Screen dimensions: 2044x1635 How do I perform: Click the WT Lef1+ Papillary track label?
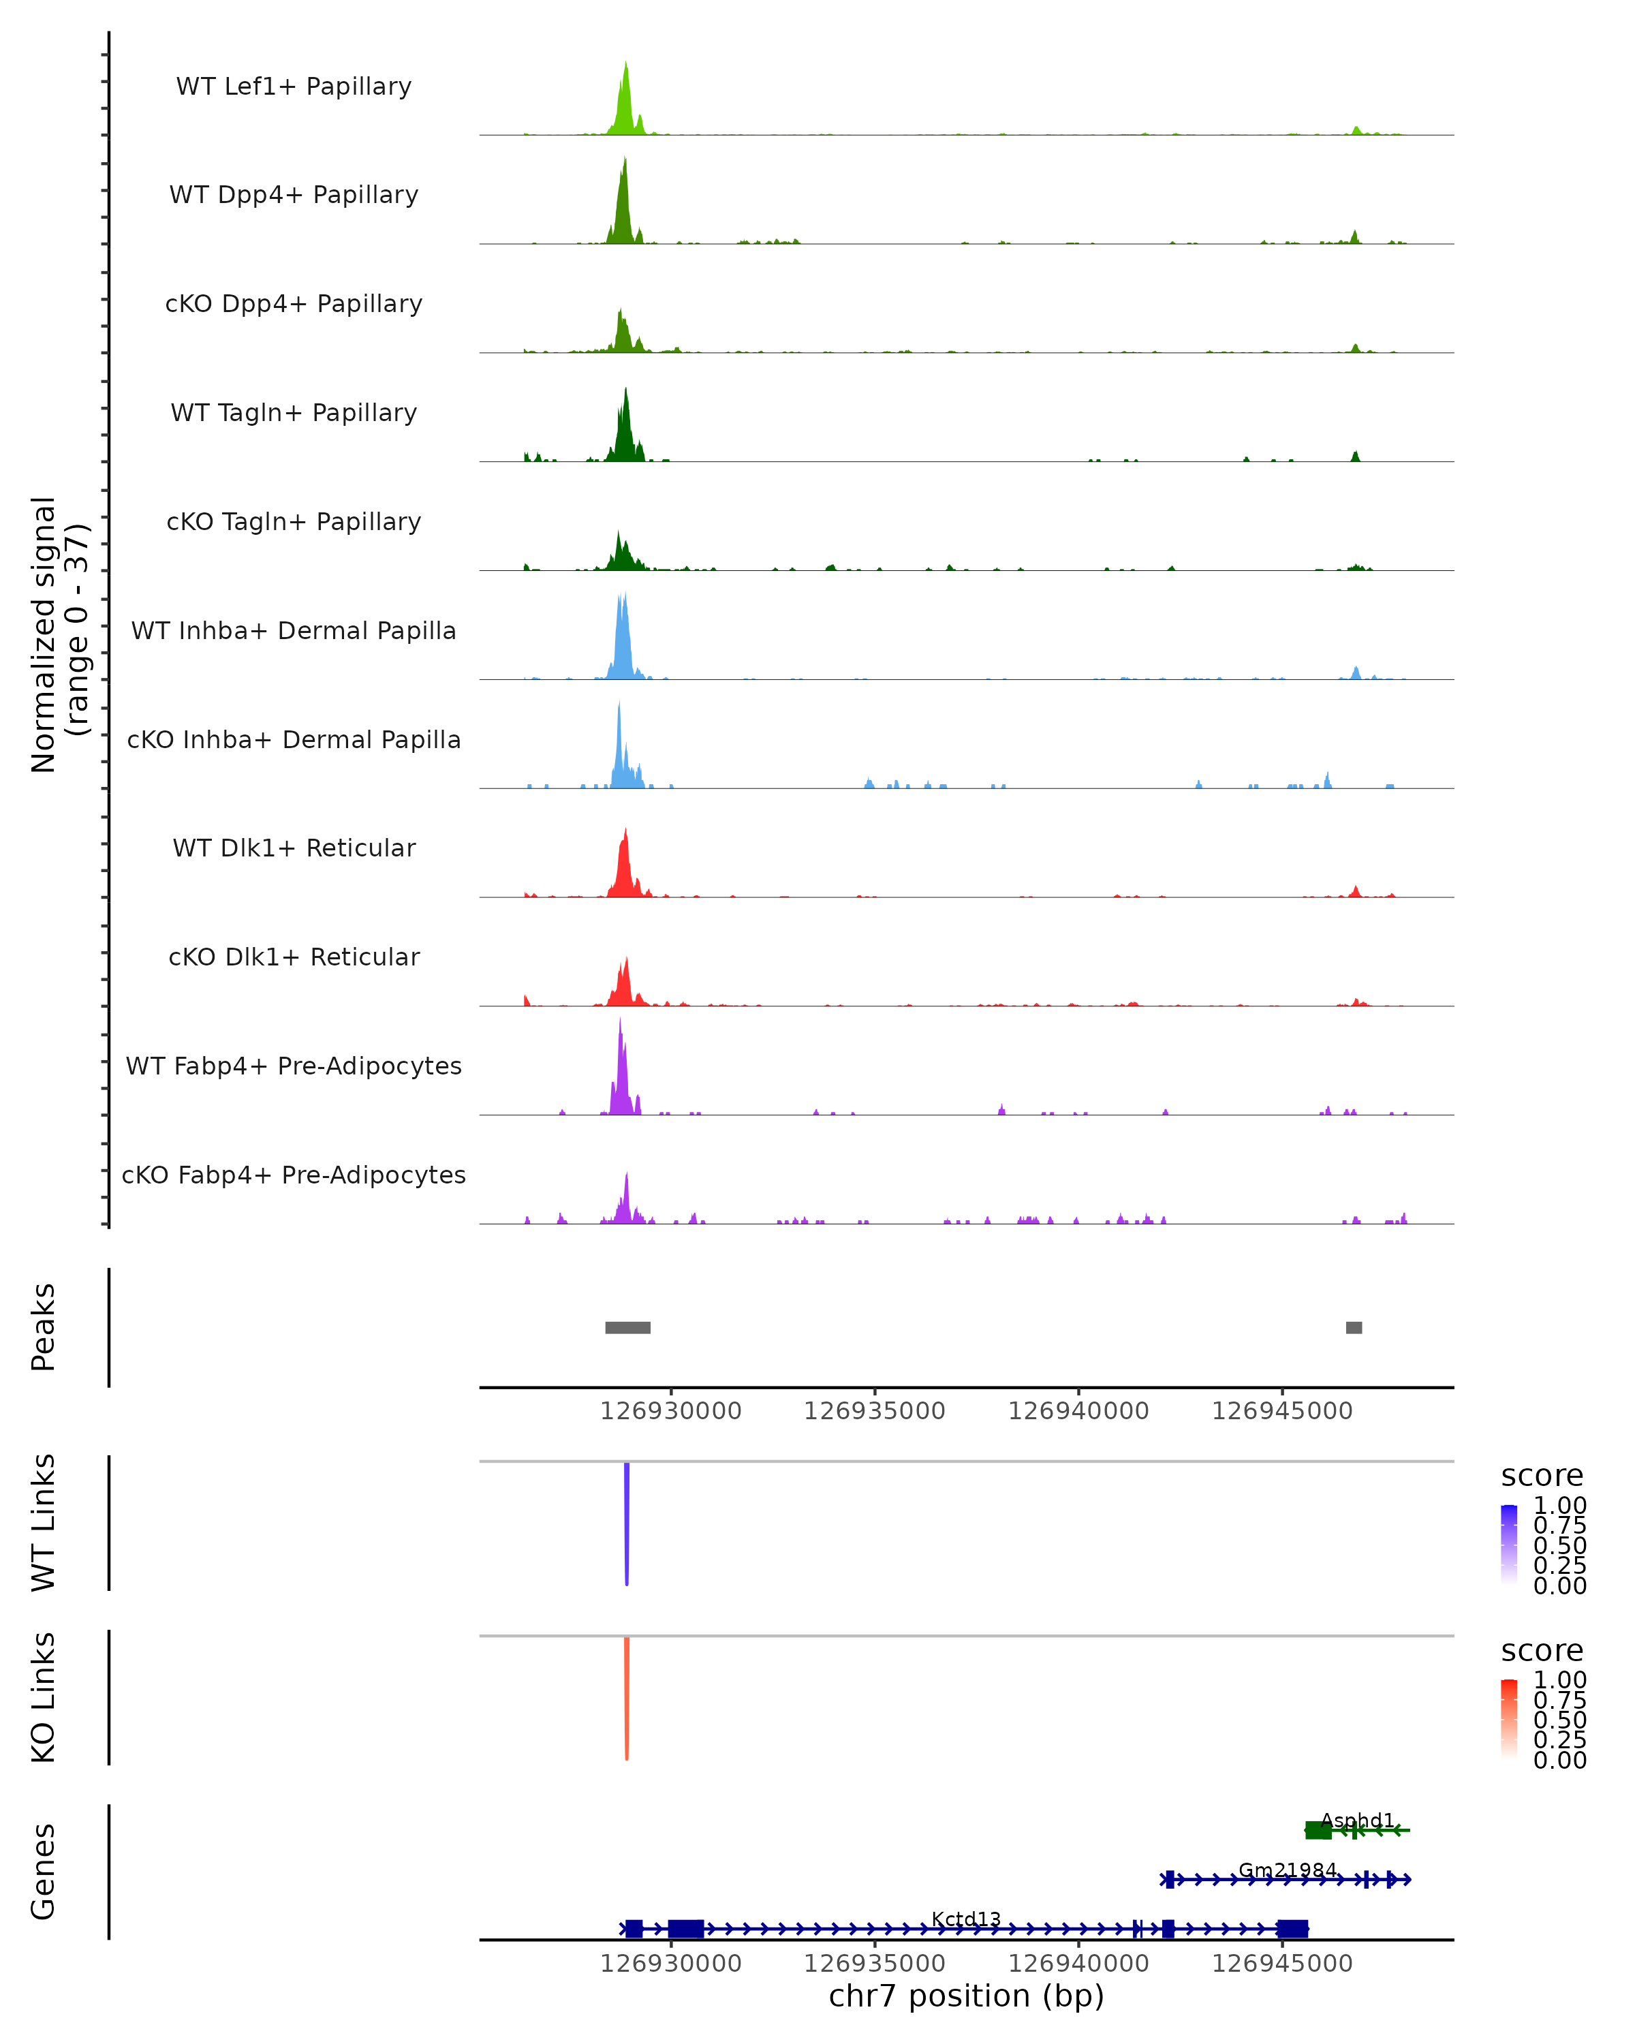click(x=294, y=87)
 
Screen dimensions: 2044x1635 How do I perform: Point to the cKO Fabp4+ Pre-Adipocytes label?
click(x=294, y=1175)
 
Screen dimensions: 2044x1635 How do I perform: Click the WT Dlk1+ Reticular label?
click(x=294, y=848)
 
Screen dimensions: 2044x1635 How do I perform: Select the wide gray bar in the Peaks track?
click(x=627, y=1327)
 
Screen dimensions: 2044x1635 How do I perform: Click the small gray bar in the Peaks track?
click(x=1354, y=1327)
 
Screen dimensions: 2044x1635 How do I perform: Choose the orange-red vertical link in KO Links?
click(x=627, y=1698)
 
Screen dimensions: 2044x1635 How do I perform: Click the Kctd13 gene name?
click(x=966, y=1919)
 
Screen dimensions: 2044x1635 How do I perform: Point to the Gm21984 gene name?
click(x=1287, y=1870)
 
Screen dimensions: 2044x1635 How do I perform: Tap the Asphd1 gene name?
click(x=1357, y=1821)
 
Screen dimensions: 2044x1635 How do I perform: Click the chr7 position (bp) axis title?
click(x=966, y=1996)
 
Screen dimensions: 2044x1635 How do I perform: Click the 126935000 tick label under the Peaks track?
click(x=874, y=1411)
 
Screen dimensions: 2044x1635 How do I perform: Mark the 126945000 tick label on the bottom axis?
click(x=1281, y=1962)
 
